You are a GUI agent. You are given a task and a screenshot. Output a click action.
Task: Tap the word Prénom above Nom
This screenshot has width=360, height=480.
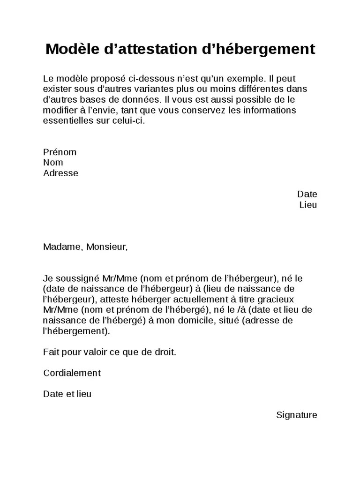[x=60, y=152]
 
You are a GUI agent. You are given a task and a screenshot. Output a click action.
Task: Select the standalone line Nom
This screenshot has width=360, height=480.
[x=53, y=163]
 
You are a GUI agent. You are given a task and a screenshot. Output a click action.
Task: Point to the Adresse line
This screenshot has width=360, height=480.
[x=60, y=173]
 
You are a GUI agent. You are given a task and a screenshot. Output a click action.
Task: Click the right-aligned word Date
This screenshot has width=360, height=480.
[x=307, y=194]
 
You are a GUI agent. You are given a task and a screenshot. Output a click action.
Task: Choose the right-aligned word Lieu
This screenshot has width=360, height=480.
[x=308, y=205]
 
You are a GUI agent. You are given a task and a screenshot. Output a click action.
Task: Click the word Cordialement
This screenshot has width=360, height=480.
[x=72, y=373]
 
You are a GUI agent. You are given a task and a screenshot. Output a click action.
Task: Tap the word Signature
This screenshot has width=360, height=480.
[x=297, y=415]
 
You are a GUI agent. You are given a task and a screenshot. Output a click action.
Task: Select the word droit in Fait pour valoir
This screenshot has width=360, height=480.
[x=165, y=352]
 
